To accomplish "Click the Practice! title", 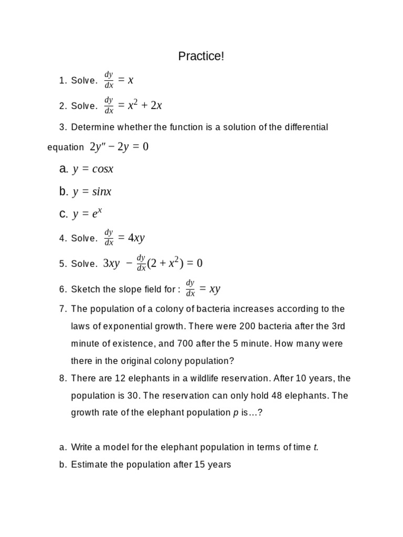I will click(x=201, y=56).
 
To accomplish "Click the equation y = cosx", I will click(x=93, y=169).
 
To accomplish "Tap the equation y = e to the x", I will click(x=88, y=213).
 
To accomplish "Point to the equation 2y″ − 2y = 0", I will click(x=119, y=147).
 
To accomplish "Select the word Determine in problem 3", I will click(x=91, y=127).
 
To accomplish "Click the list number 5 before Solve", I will click(x=62, y=264).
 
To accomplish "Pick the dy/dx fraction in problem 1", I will click(x=109, y=80).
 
